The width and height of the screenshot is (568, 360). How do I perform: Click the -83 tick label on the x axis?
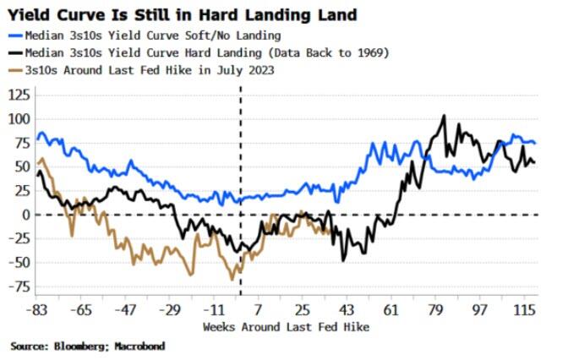coord(37,309)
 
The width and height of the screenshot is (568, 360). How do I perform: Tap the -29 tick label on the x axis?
coord(174,309)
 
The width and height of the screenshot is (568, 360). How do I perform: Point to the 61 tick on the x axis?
coord(392,309)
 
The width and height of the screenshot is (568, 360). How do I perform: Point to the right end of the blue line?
coord(535,143)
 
